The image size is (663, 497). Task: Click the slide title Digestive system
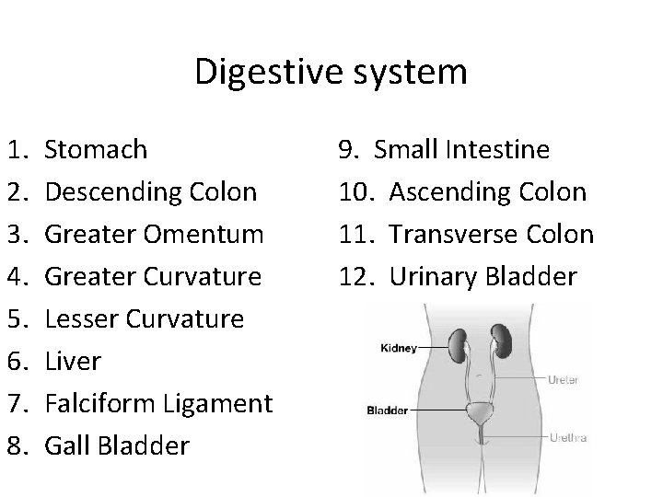331,73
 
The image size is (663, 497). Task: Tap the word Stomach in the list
96,149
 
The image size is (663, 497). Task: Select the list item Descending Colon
151,191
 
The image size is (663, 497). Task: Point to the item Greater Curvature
153,276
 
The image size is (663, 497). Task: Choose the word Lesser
80,318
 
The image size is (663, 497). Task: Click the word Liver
73,361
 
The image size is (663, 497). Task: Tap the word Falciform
100,403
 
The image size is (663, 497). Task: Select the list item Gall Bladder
117,445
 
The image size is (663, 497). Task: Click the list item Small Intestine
462,149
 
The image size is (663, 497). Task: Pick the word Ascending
446,191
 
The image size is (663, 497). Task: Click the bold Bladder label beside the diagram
388,410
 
